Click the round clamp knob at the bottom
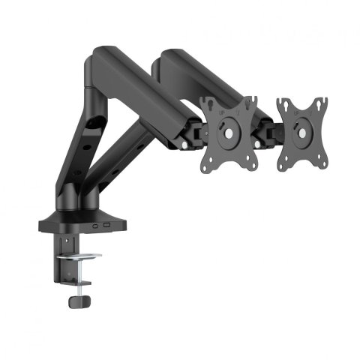76,299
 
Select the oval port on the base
94,224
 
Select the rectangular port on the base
108,224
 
